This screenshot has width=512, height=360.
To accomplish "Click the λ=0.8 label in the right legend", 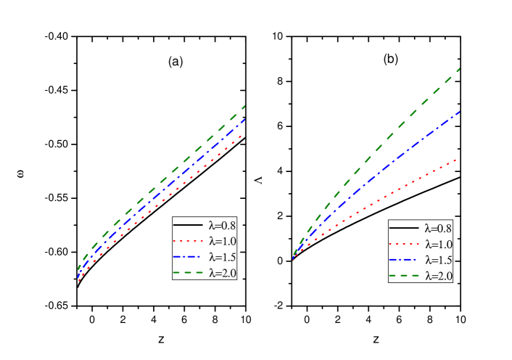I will click(439, 229).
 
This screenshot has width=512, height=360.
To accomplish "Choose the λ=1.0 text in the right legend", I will click(439, 245).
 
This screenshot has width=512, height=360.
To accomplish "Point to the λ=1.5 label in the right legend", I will click(439, 260).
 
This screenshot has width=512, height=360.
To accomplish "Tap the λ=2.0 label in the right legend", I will click(439, 276).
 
